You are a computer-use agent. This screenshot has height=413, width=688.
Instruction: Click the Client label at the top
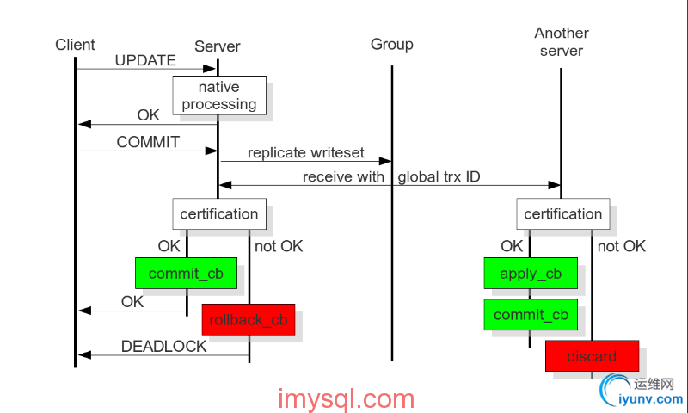[x=75, y=45]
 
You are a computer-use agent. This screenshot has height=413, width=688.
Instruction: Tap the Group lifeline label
[x=392, y=45]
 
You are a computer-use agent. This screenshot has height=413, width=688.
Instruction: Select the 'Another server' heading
[x=562, y=41]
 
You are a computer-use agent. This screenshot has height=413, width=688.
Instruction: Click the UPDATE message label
[x=145, y=61]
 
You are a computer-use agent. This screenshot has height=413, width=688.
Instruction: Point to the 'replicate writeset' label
[x=306, y=153]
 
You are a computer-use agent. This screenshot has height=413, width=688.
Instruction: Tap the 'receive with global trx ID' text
[x=391, y=177]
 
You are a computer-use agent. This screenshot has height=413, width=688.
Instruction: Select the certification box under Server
[x=218, y=213]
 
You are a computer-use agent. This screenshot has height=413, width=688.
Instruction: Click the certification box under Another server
[x=562, y=213]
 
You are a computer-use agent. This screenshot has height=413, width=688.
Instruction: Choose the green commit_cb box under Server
[x=186, y=274]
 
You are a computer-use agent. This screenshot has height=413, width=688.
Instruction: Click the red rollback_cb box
[x=249, y=319]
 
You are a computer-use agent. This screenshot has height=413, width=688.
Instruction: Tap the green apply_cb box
[x=530, y=274]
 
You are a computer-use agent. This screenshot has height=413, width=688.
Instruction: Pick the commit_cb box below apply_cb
[x=530, y=314]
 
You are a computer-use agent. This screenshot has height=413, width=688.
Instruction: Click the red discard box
[x=592, y=356]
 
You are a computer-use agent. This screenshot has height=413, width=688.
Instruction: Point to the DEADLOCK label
[x=163, y=347]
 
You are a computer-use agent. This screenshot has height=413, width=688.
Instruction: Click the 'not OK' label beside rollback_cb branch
[x=279, y=247]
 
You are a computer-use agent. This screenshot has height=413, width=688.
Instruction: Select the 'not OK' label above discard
[x=620, y=247]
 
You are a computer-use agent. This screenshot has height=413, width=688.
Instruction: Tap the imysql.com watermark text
[x=347, y=399]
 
